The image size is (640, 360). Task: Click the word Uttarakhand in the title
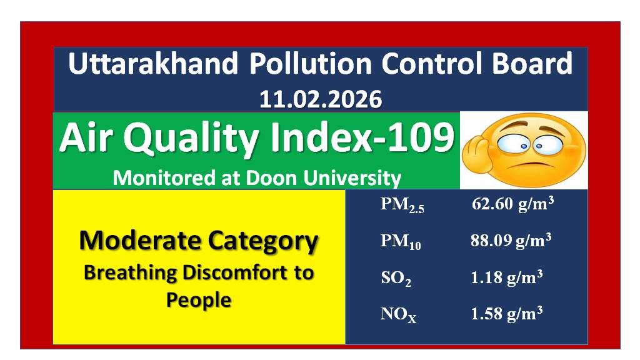pyautogui.click(x=153, y=63)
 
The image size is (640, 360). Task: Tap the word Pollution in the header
pyautogui.click(x=311, y=63)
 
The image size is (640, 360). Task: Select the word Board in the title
pyautogui.click(x=532, y=63)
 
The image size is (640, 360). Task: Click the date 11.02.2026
pyautogui.click(x=321, y=99)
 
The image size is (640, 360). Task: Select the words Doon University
pyautogui.click(x=323, y=179)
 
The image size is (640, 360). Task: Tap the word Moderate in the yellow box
pyautogui.click(x=141, y=240)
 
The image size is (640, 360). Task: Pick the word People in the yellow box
pyautogui.click(x=199, y=300)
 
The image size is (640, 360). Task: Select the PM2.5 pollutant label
pyautogui.click(x=402, y=205)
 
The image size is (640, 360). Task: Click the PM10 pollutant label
pyautogui.click(x=401, y=242)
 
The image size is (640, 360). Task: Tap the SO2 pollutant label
pyautogui.click(x=396, y=278)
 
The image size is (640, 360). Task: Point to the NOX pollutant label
pyautogui.click(x=398, y=315)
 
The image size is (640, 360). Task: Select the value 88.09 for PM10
pyautogui.click(x=491, y=241)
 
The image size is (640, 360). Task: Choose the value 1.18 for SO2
pyautogui.click(x=486, y=277)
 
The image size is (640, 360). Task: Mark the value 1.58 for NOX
pyautogui.click(x=486, y=314)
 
